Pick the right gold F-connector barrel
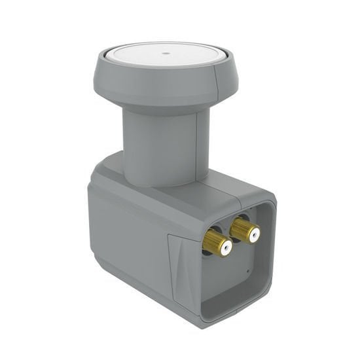(x=242, y=228)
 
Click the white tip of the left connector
(x=225, y=247)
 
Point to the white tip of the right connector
(x=253, y=233)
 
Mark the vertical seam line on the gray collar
(x=213, y=84)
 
